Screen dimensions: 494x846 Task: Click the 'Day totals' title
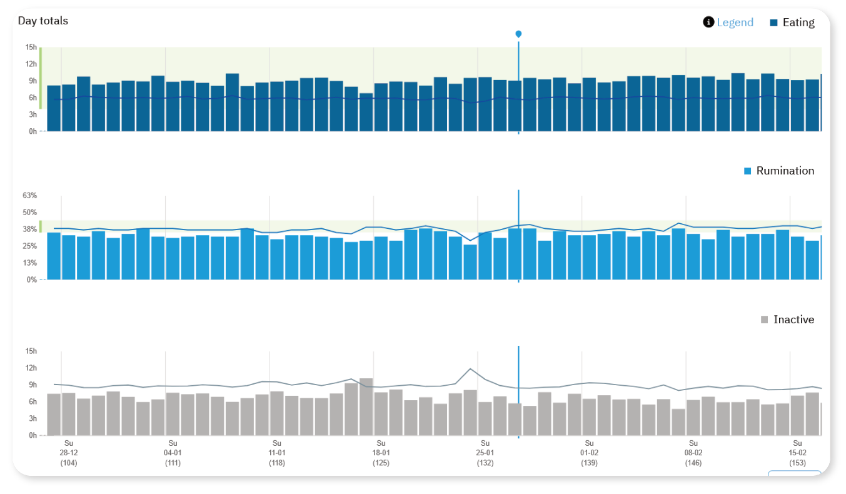(x=43, y=21)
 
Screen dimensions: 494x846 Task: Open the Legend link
(x=735, y=23)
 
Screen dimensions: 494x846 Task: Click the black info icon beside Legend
(x=708, y=23)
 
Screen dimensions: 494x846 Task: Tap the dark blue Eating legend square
(x=773, y=23)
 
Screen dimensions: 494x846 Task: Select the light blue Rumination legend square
(x=748, y=171)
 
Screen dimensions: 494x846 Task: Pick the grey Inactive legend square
(x=764, y=320)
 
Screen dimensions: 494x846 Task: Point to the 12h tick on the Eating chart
(x=31, y=64)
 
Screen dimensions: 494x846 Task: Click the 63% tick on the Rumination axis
(x=29, y=196)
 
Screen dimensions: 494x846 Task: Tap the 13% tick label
(x=29, y=263)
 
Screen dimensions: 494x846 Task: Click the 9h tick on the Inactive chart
(x=31, y=385)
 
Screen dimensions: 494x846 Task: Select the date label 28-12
(x=69, y=453)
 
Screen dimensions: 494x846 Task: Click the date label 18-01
(x=381, y=453)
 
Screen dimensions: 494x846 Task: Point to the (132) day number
(x=485, y=463)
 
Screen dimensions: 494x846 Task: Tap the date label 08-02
(x=693, y=453)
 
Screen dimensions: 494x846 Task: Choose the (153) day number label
(x=797, y=463)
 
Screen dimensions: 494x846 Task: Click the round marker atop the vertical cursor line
(x=518, y=34)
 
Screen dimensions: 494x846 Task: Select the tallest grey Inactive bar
(x=366, y=406)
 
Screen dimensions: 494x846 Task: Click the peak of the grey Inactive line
(x=470, y=369)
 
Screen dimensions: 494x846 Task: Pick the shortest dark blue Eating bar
(x=366, y=113)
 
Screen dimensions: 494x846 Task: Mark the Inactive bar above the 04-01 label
(x=173, y=414)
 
